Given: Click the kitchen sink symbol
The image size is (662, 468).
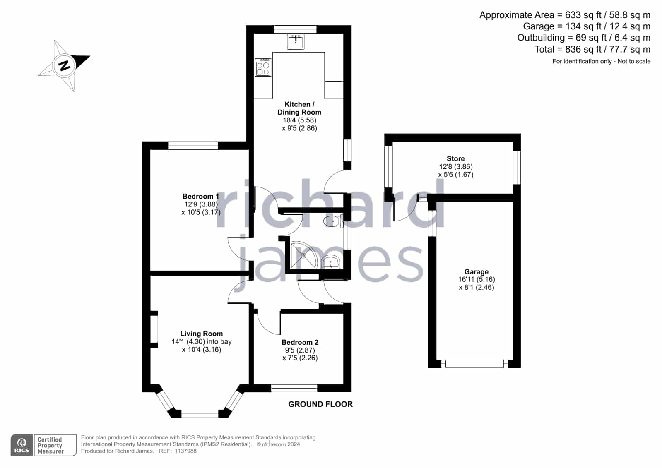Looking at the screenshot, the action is (x=295, y=42).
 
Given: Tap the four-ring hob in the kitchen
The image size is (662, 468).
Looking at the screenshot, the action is (x=263, y=67).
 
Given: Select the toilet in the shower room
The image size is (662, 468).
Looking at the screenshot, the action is (x=333, y=221).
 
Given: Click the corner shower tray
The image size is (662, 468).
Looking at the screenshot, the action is (x=303, y=255).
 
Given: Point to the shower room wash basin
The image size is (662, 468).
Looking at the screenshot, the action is (x=330, y=262).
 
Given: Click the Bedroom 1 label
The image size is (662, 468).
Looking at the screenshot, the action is (x=201, y=197).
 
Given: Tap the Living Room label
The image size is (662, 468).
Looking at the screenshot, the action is (x=202, y=334).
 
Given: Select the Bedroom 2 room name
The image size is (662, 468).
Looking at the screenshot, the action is (x=300, y=342).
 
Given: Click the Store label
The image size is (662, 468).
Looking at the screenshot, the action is (x=455, y=158).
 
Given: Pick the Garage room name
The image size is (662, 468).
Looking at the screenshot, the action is (x=477, y=271).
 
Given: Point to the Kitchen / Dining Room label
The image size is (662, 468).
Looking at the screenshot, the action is (x=299, y=108).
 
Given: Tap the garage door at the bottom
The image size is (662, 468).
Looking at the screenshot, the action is (x=474, y=364).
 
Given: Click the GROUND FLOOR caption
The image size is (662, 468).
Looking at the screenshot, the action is (x=320, y=404).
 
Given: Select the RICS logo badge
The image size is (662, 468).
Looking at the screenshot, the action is (x=22, y=445).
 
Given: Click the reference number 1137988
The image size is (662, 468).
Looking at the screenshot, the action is (x=185, y=451).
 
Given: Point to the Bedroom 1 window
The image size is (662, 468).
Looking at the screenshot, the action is (x=193, y=145).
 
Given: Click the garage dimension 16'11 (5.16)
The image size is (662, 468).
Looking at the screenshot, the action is (x=477, y=279).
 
